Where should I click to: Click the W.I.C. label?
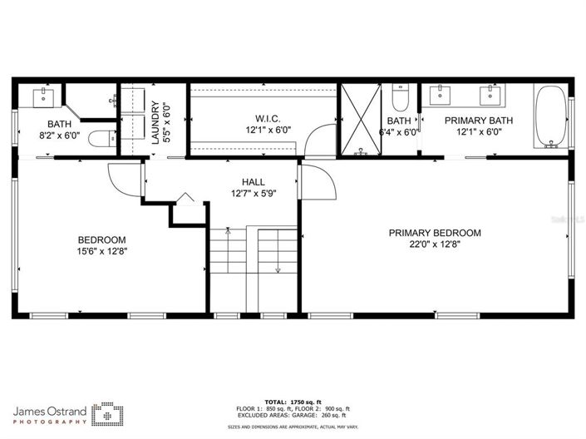(268, 118)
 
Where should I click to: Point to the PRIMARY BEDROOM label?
(435, 233)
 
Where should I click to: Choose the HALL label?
(253, 182)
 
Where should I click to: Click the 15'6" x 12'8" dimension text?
(102, 250)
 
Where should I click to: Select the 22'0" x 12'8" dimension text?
(435, 244)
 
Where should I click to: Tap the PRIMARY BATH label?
(478, 121)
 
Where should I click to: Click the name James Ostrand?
(50, 411)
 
